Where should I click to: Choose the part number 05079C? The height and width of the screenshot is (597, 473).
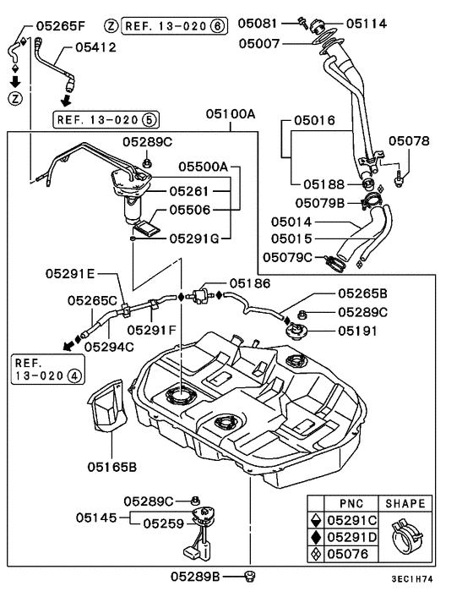[x=288, y=256]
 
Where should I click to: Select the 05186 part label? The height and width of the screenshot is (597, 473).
[x=251, y=285]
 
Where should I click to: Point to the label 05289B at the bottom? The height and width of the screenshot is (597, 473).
[x=195, y=577]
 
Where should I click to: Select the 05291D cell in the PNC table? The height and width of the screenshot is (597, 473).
[x=351, y=538]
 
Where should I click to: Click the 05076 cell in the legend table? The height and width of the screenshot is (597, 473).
[x=351, y=556]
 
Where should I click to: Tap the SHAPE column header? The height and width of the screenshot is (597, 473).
[x=405, y=503]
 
